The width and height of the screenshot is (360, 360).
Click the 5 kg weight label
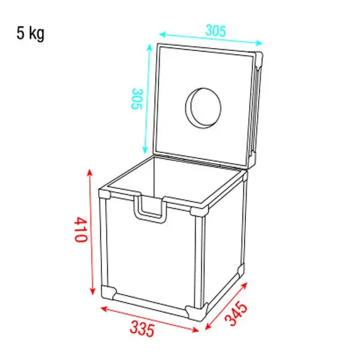click(30, 33)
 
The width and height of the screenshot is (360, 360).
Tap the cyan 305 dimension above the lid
click(215, 29)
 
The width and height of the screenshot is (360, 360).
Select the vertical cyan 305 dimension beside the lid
click(136, 99)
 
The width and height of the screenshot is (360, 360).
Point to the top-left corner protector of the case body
click(106, 195)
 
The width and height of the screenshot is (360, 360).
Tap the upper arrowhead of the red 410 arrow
click(90, 173)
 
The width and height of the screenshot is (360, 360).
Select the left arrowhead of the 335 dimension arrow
click(102, 309)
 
